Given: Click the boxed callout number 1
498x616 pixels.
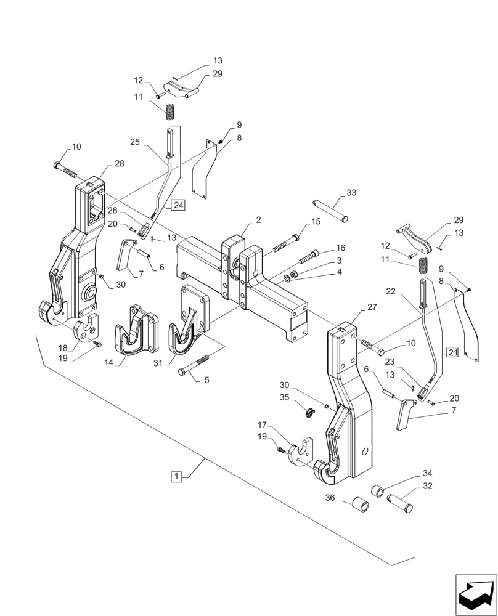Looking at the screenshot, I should point(176,476).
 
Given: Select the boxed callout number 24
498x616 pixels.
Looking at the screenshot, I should point(178,205).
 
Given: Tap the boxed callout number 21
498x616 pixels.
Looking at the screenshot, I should point(453,353).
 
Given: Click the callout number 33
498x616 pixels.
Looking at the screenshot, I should point(351,193).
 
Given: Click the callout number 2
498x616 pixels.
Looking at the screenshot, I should point(258,220).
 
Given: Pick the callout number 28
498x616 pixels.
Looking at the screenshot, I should point(119,163).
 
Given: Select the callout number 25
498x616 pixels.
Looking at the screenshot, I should point(135,142).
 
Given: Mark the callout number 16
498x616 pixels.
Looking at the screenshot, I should point(340,248).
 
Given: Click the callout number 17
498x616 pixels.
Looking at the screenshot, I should point(262,424).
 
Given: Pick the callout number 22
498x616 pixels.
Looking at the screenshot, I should point(390,291).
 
